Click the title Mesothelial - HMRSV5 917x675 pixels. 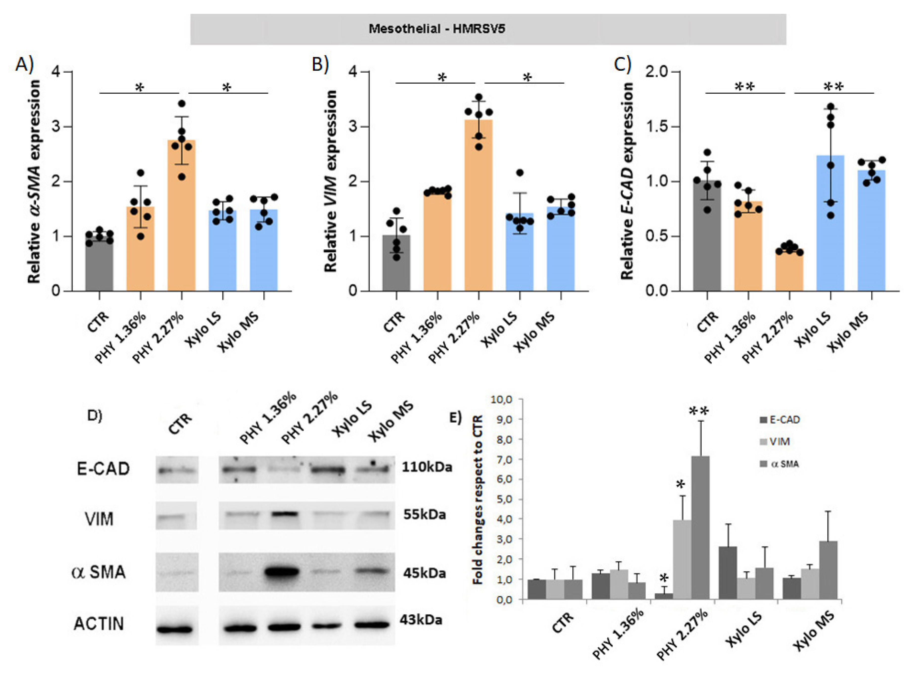[437, 29]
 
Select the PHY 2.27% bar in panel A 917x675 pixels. [181, 217]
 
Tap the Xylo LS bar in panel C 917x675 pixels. [830, 225]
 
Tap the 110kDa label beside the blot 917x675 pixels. [427, 467]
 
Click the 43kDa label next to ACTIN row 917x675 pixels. [421, 620]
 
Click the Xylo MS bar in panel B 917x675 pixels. [561, 249]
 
